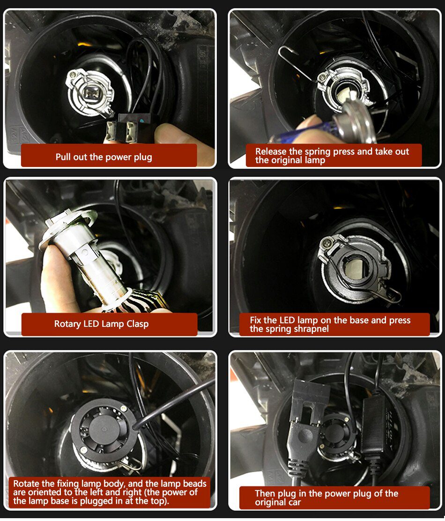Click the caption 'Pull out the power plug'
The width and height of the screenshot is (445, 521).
(x=104, y=157)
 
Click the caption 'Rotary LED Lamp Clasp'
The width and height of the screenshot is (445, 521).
(x=101, y=324)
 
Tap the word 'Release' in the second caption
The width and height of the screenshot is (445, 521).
(x=271, y=151)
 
